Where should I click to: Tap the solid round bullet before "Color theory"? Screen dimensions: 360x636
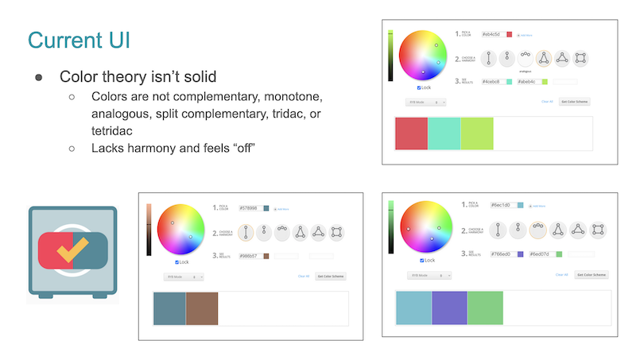pos(38,78)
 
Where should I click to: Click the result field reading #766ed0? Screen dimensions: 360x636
pos(503,254)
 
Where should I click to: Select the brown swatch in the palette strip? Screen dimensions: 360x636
pos(202,308)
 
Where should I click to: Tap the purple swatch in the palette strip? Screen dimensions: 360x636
pos(449,309)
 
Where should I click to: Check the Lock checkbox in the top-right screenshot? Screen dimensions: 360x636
pos(419,87)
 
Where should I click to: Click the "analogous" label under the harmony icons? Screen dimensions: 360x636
pos(524,70)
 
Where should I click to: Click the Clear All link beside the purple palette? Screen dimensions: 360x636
pos(562,274)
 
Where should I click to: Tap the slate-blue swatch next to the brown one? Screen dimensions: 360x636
pos(169,308)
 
